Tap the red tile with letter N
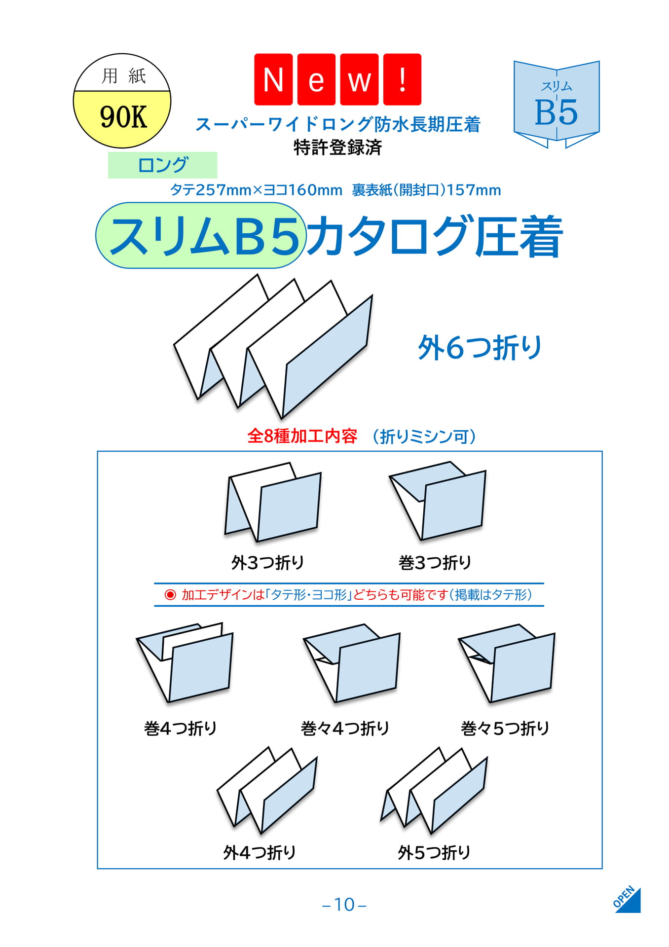coord(273,79)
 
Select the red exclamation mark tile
coord(403,79)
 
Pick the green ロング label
coord(162,165)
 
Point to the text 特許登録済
coord(337,147)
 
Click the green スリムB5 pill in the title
coord(201,235)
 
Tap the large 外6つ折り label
coord(480,348)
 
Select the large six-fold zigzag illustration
coord(273,346)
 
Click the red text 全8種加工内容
coord(302,436)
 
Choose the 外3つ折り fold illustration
coord(273,502)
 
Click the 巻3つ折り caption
coord(435,562)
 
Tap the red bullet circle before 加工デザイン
coord(170,595)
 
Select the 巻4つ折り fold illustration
coord(185,662)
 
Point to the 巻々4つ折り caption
coord(345,728)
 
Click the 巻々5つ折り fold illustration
coord(507,663)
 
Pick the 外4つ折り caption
coord(260,852)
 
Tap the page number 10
coord(344,905)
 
